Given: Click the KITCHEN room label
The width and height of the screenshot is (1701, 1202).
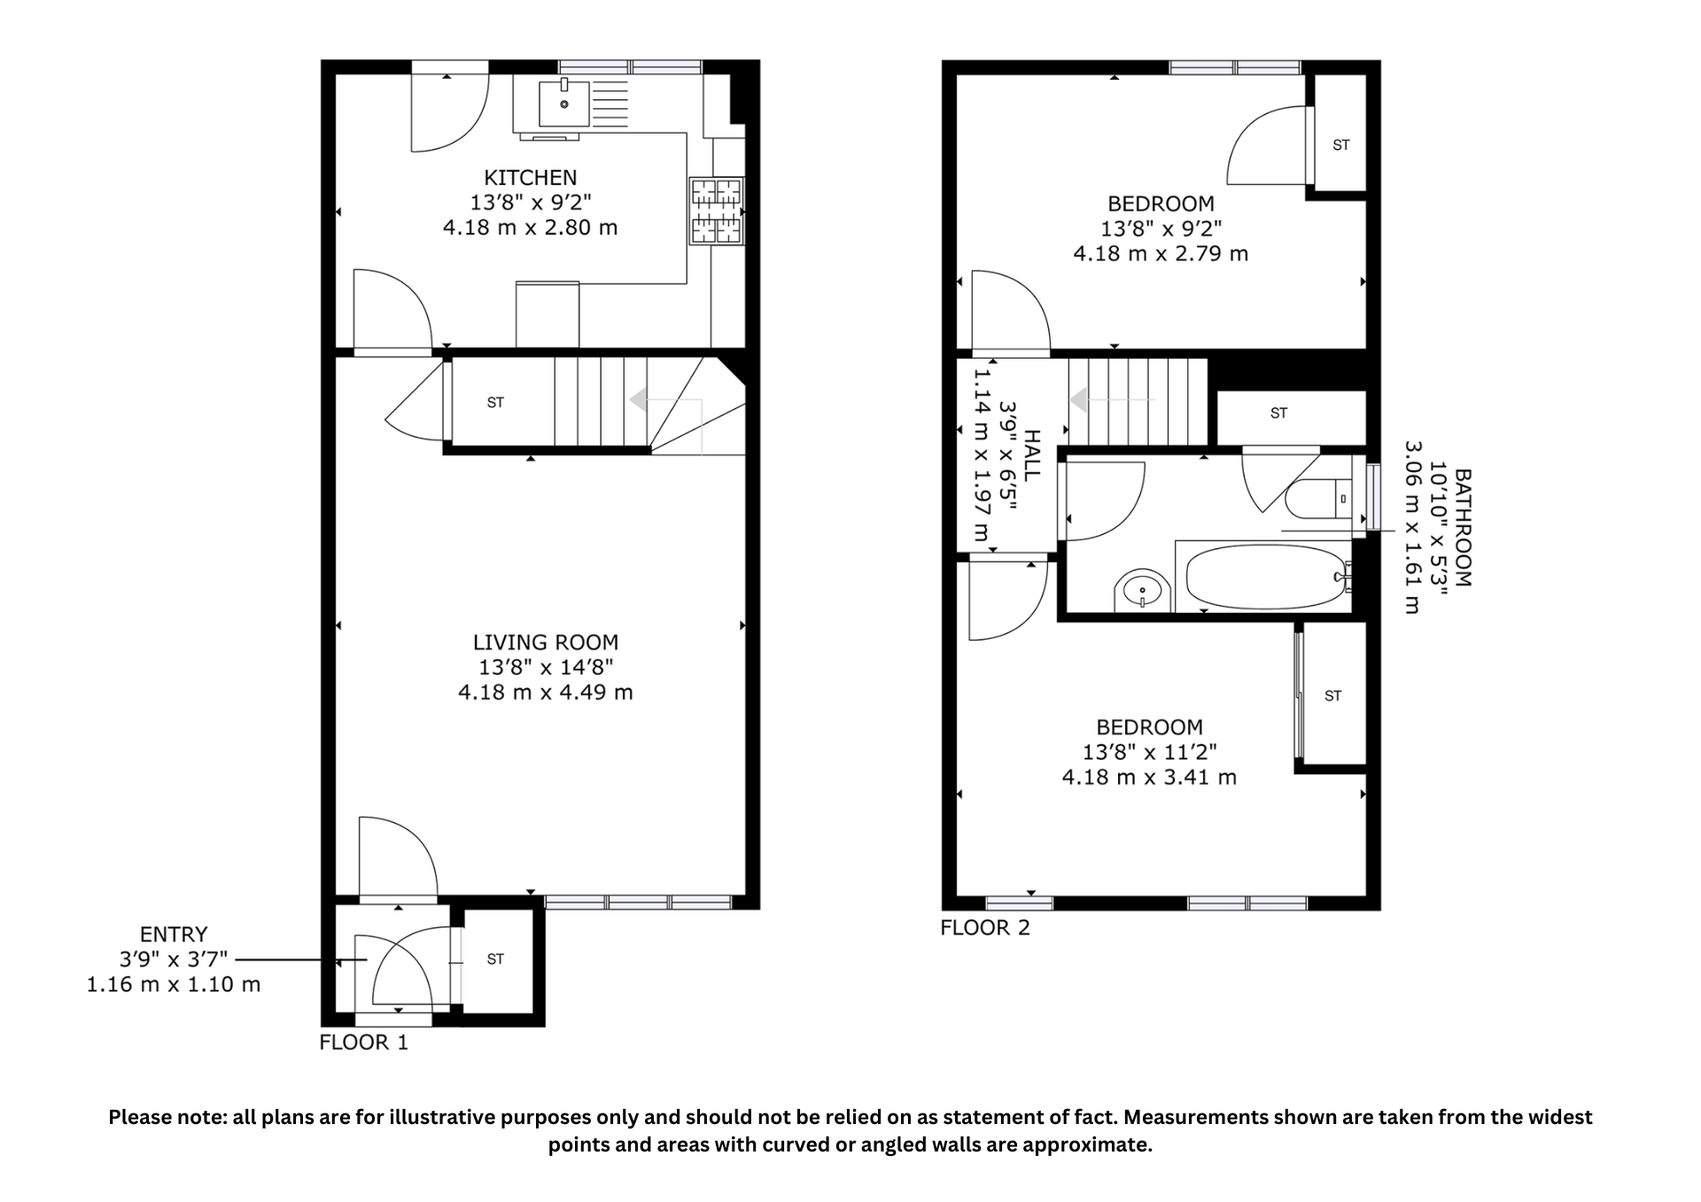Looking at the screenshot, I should pos(530,177).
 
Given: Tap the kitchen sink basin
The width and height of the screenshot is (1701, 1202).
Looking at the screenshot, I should pos(564,105).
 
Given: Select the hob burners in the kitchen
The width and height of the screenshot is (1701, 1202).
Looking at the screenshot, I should pos(716,211).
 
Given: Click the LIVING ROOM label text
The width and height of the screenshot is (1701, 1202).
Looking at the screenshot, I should pos(545,642).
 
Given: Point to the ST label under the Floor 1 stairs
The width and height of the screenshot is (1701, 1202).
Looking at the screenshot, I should pos(495,402).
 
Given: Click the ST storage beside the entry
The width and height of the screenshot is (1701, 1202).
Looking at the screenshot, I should pos(495,958).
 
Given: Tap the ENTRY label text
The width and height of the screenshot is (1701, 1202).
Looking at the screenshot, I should pos(174,934).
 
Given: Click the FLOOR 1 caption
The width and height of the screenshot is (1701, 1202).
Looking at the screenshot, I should pos(363,1043).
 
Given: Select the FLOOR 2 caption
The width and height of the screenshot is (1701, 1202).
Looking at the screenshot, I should pos(985,928).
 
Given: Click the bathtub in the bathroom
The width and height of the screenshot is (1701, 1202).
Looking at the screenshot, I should pos(1267,577).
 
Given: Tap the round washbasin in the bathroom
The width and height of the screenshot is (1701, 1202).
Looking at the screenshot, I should pos(1143,590).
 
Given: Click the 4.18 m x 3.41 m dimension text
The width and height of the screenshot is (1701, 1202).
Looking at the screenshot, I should pos(1149,778).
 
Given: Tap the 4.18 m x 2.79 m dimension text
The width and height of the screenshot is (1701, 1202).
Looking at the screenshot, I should pos(1161,253).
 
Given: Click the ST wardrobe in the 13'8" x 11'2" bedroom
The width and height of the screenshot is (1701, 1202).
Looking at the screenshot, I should pos(1332,696).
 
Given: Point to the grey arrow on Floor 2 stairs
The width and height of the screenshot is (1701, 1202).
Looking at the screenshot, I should pos(1080,400).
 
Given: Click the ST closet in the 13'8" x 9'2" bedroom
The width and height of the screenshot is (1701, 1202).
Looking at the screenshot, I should pos(1340,145).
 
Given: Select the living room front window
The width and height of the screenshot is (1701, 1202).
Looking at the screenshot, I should pos(638,903).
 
